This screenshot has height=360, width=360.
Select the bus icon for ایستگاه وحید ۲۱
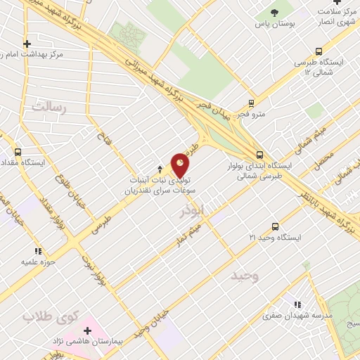(x=275, y=226)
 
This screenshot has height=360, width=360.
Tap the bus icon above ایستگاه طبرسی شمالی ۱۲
(x=319, y=51)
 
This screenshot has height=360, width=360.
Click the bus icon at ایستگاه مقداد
(x=18, y=150)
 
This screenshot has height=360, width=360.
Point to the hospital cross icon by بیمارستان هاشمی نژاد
(x=88, y=330)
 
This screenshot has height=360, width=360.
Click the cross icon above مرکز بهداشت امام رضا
(x=27, y=43)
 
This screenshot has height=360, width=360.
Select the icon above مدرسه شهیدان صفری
(x=297, y=304)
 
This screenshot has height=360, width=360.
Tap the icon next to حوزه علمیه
(x=37, y=250)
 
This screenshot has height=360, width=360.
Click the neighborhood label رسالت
(x=48, y=107)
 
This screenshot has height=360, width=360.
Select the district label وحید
(x=244, y=276)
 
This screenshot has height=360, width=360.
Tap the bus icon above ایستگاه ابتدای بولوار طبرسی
(x=259, y=155)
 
